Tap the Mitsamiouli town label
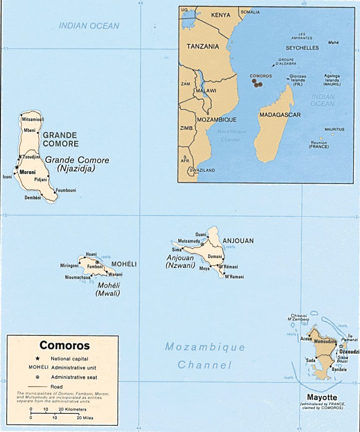(x=33, y=120)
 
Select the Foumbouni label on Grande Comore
(x=66, y=190)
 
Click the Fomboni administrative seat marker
(x=97, y=262)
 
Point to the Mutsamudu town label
(x=189, y=241)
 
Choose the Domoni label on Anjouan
(x=215, y=256)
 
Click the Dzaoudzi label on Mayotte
(x=349, y=351)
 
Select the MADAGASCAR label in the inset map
(x=280, y=115)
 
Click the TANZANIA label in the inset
(x=203, y=46)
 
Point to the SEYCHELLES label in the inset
(x=302, y=48)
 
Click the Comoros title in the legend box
(x=64, y=346)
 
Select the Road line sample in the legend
(x=38, y=386)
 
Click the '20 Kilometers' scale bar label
(x=73, y=409)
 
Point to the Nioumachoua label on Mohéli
(x=77, y=278)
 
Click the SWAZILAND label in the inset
(x=203, y=170)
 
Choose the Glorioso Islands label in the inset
(x=298, y=79)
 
